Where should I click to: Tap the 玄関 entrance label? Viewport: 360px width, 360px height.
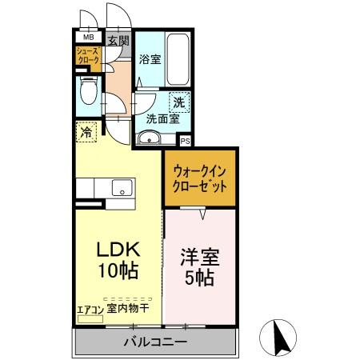pyautogui.click(x=119, y=40)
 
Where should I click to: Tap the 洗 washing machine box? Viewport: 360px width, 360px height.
pyautogui.click(x=180, y=102)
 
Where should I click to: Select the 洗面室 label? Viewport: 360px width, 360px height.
pyautogui.click(x=160, y=118)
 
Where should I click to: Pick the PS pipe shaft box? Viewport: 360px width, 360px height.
pyautogui.click(x=186, y=141)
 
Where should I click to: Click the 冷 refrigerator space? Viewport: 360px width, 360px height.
pyautogui.click(x=86, y=131)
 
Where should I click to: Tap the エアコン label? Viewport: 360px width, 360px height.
pyautogui.click(x=89, y=306)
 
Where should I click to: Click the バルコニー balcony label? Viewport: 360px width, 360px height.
pyautogui.click(x=155, y=342)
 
